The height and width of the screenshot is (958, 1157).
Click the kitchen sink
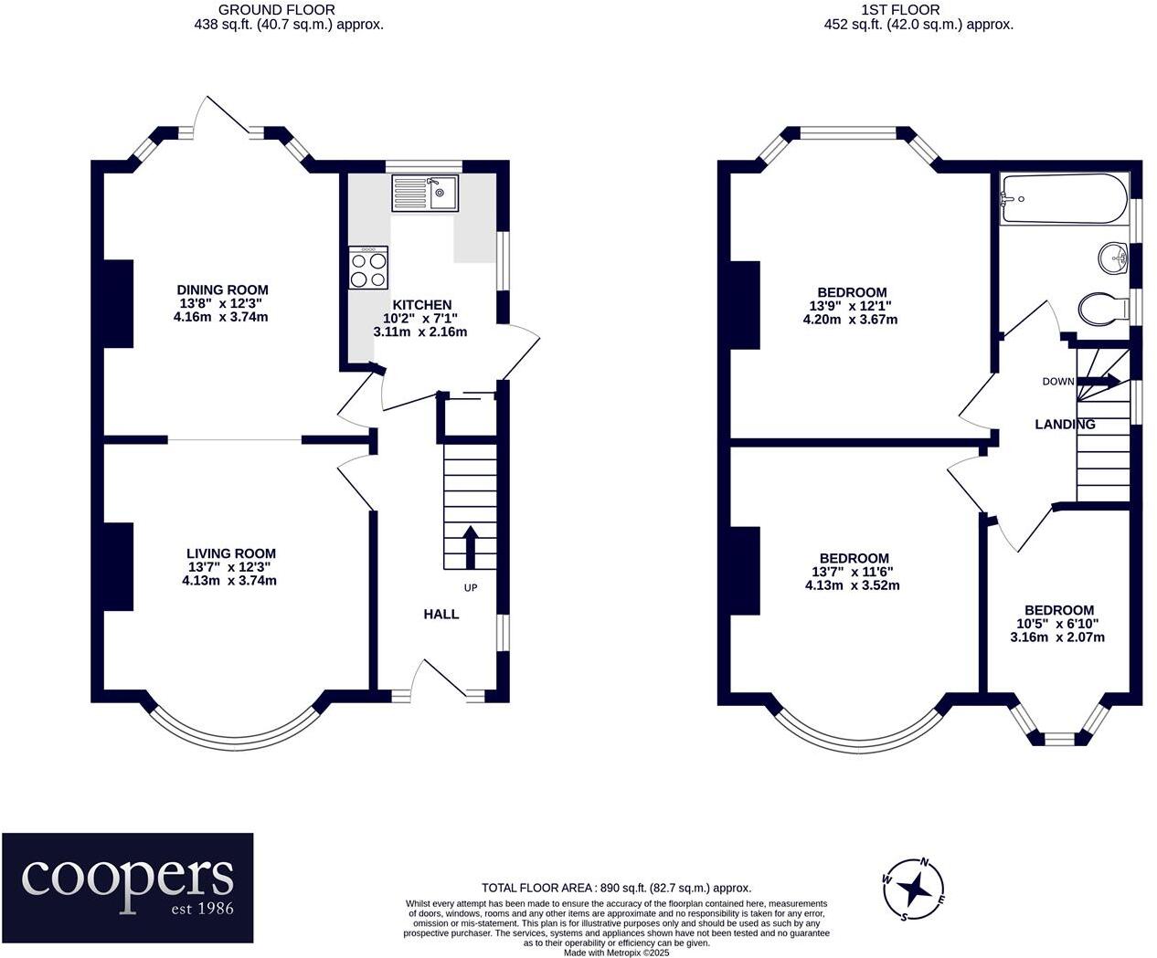pyautogui.click(x=425, y=193)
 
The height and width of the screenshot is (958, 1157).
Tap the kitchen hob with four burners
pyautogui.click(x=368, y=268)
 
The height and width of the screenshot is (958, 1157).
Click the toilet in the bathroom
pyautogui.click(x=1103, y=308)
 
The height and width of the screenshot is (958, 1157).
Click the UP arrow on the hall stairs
pyautogui.click(x=471, y=546)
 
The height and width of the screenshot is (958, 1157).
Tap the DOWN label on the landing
pyautogui.click(x=1058, y=382)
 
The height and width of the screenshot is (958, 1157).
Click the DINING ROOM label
pyautogui.click(x=222, y=290)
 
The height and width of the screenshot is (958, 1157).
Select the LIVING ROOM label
pyautogui.click(x=230, y=553)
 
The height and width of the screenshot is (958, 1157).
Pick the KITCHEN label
pyautogui.click(x=421, y=305)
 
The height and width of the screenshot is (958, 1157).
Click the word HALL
pyautogui.click(x=441, y=615)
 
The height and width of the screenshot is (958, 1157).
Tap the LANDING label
pyautogui.click(x=1065, y=425)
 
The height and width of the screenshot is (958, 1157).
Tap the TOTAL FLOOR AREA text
pyautogui.click(x=616, y=888)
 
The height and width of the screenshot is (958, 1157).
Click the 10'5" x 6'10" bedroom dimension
pyautogui.click(x=1057, y=624)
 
